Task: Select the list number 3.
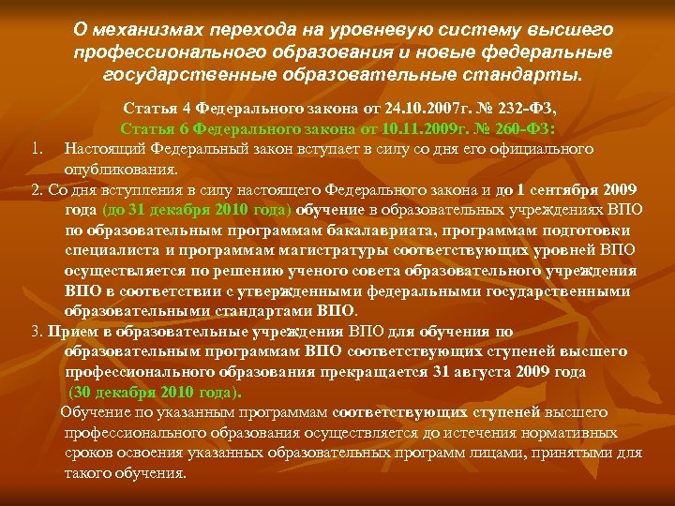[x=36, y=331]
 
